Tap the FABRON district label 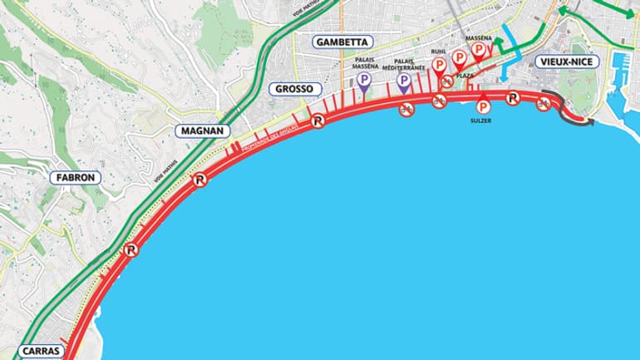point(76,177)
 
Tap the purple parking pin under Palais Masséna point(363,81)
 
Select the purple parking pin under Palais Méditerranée point(403,81)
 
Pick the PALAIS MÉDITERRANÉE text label point(405,64)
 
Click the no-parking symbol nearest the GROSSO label point(317,121)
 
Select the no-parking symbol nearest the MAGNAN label point(199,179)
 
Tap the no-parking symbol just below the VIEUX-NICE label point(513,98)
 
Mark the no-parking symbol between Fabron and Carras point(130,249)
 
